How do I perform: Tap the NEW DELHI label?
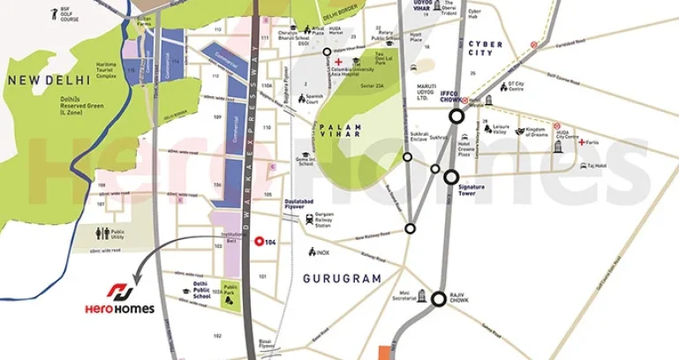39,80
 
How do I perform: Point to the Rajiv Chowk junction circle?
439,299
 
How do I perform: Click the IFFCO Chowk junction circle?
456,116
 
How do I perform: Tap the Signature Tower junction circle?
451,177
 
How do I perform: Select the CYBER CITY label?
486,49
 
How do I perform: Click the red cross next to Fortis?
581,143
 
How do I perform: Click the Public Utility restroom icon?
105,234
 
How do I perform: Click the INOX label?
321,252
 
